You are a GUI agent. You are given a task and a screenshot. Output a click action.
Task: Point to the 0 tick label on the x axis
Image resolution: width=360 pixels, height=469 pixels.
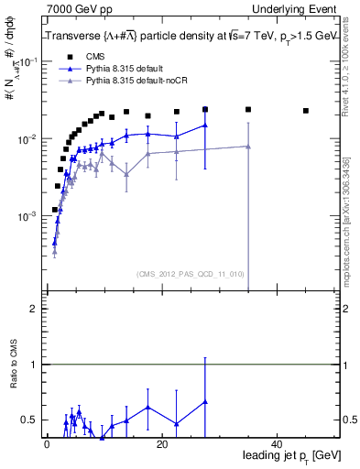click(x=46, y=443)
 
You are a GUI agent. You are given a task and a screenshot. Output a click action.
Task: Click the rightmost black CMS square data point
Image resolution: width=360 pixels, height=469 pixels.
click(x=306, y=111)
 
